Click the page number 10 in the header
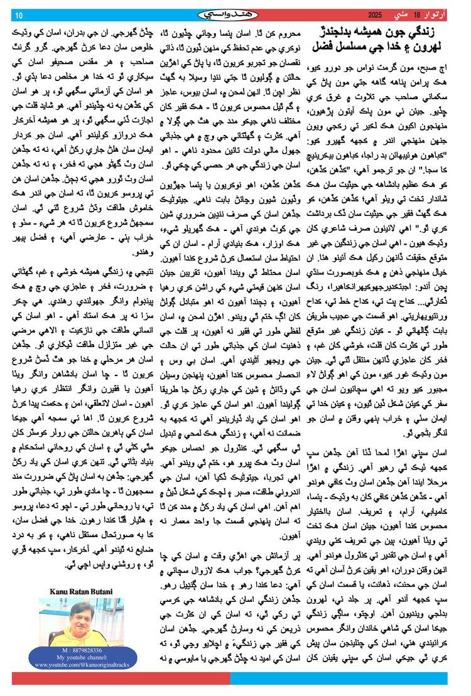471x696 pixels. pos(18,14)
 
